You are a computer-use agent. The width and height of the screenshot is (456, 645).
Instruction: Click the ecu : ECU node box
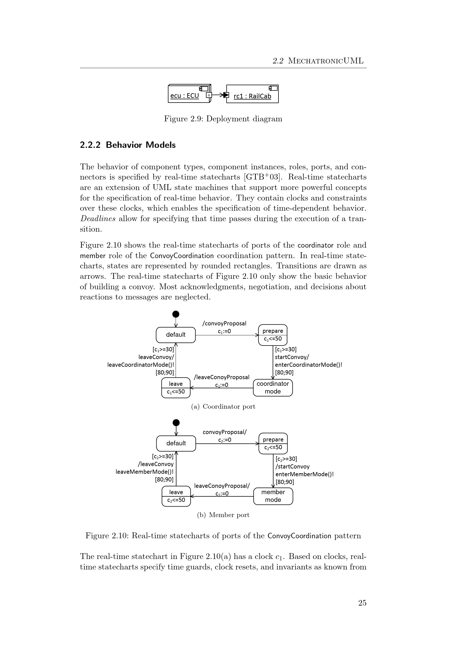click(x=189, y=94)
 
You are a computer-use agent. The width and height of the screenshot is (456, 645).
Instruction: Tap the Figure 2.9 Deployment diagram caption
click(x=223, y=119)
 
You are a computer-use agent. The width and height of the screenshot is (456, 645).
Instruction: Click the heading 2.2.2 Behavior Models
click(x=128, y=145)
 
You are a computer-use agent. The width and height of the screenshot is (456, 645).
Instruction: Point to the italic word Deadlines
click(x=98, y=219)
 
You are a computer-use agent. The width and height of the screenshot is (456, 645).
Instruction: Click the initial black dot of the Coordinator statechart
click(x=176, y=314)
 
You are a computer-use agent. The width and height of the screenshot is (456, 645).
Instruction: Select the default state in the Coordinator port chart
click(x=176, y=334)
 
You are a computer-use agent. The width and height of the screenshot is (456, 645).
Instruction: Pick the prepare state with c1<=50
click(x=273, y=335)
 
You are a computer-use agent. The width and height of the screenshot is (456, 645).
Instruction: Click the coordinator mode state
click(x=273, y=388)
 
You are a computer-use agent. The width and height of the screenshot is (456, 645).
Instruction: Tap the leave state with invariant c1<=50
click(x=176, y=388)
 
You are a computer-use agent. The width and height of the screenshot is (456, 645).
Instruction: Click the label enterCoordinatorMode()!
click(x=308, y=365)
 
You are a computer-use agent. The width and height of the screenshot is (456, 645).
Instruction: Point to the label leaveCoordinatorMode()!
click(x=141, y=365)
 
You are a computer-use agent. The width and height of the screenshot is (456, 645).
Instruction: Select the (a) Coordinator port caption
click(x=223, y=406)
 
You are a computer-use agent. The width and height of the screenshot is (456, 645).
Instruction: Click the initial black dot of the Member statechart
click(x=176, y=423)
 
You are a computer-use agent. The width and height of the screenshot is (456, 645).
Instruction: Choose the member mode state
click(x=273, y=496)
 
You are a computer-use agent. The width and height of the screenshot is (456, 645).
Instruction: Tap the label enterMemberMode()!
click(x=305, y=474)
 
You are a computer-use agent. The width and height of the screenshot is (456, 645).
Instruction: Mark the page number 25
click(x=362, y=603)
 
